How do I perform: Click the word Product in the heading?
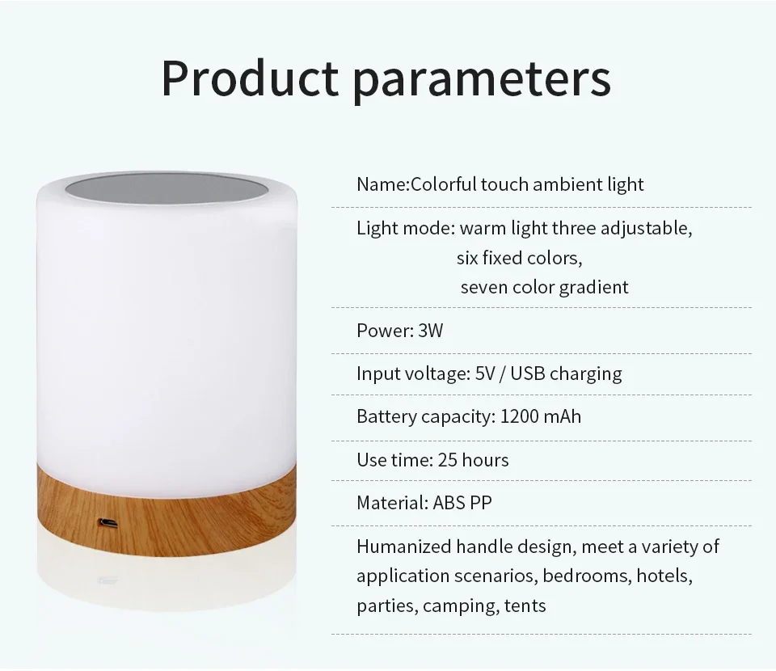pyautogui.click(x=250, y=78)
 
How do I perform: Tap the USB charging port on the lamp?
pyautogui.click(x=108, y=522)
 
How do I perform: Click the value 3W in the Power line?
pyautogui.click(x=431, y=331)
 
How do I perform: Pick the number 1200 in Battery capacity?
pyautogui.click(x=519, y=416)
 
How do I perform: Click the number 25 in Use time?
pyautogui.click(x=447, y=460)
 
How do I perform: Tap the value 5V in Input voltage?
pyautogui.click(x=485, y=373)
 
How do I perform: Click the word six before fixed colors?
pyautogui.click(x=467, y=258)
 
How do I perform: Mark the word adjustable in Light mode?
pyautogui.click(x=647, y=229)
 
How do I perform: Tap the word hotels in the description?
pyautogui.click(x=664, y=576)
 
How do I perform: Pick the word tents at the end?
pyautogui.click(x=525, y=606)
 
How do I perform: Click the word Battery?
pyautogui.click(x=386, y=417)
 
